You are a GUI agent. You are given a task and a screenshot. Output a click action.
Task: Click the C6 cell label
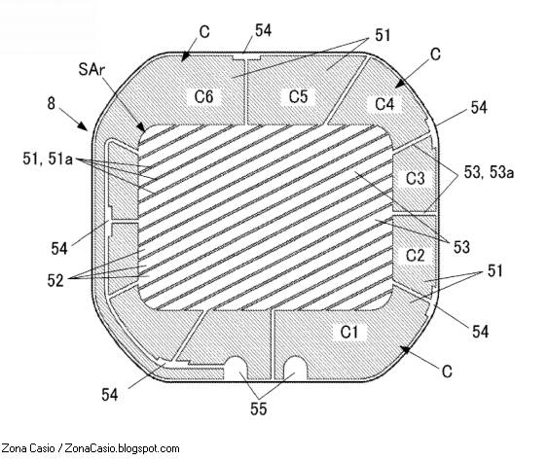203,96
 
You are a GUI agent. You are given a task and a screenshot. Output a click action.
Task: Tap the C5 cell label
298,96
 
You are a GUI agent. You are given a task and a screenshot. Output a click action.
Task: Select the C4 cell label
384,104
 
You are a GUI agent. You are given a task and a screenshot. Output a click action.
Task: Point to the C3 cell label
416,178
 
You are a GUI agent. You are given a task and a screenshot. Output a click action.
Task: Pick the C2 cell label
416,255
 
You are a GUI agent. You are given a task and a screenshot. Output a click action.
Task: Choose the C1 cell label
349,332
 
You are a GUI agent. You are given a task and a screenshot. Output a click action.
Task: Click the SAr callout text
91,69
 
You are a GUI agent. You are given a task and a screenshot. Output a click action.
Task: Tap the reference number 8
52,103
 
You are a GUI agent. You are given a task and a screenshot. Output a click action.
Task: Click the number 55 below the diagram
259,408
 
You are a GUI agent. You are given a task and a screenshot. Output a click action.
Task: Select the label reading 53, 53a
489,172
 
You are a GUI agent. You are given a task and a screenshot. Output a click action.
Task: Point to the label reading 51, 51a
48,159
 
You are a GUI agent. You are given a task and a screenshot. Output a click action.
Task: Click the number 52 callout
55,280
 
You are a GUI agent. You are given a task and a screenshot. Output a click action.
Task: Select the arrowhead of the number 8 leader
83,126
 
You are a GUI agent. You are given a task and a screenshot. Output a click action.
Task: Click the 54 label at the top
263,30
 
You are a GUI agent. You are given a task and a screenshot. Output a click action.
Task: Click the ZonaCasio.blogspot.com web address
122,448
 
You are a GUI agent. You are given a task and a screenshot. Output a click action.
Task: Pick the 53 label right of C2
461,247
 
